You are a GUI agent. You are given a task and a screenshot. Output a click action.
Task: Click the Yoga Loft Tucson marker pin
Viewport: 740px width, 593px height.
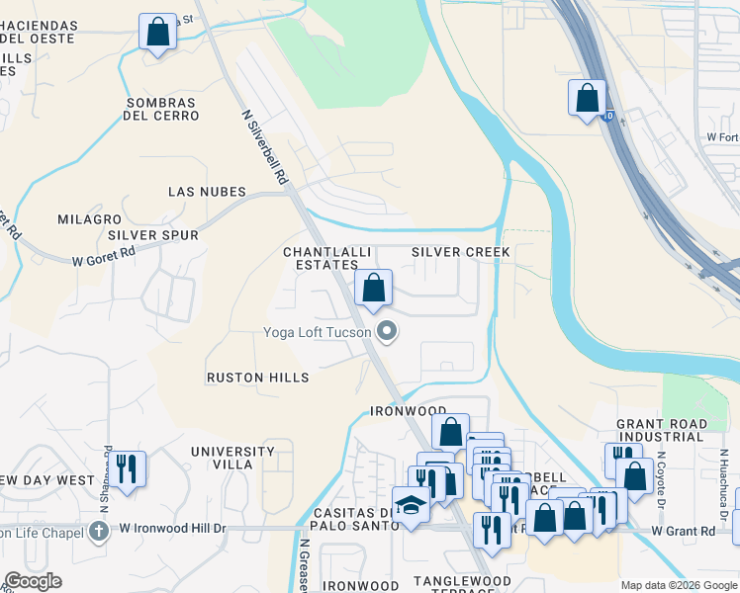coord(387,332)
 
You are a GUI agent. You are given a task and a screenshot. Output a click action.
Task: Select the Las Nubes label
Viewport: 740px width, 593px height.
coord(206,191)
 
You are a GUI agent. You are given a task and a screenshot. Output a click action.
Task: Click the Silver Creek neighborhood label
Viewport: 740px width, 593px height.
coord(461,252)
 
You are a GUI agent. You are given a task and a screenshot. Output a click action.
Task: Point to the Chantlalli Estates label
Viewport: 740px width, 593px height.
coord(321,258)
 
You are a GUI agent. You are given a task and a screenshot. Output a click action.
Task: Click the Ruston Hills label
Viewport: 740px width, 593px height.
coord(257,378)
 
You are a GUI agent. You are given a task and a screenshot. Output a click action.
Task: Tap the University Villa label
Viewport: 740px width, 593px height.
coord(234,457)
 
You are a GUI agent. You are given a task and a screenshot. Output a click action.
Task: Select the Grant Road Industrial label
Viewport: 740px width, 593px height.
coord(662,430)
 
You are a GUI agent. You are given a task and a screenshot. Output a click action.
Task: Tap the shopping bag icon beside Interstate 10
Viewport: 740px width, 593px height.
coord(587,98)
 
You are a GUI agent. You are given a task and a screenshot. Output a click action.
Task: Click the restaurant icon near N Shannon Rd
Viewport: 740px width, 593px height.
coord(126,467)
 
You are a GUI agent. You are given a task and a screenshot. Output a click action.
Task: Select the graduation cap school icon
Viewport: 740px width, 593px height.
coord(412,504)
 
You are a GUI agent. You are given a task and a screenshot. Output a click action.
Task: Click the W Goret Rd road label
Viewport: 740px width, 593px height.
coord(104,257)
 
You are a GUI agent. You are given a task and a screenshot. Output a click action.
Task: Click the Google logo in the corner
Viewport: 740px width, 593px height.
coord(33,581)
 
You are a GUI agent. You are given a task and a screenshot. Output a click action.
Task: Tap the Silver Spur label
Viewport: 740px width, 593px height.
coord(153,235)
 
